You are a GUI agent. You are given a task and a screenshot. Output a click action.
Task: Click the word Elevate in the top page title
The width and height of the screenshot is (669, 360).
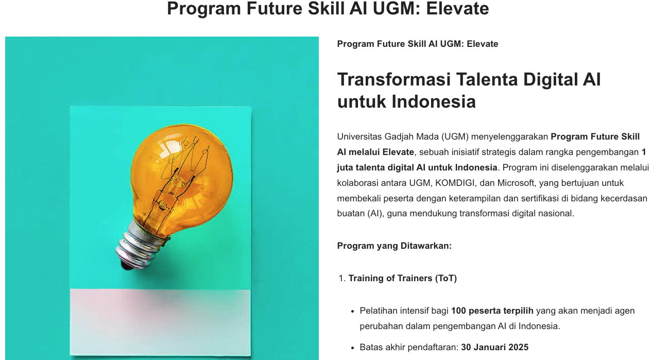coord(457,8)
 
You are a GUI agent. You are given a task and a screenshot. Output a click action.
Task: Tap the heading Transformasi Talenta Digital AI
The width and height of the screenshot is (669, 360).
coord(469,79)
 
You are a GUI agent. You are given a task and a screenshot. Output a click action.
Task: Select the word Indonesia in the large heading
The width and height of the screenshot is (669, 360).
coord(433,101)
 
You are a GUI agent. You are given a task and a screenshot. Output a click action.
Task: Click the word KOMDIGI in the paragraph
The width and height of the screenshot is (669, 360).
coord(455,183)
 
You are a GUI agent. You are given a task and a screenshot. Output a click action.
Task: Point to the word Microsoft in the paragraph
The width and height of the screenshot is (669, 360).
coord(516,183)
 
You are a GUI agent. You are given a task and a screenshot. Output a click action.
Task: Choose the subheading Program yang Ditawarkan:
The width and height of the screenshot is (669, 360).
coord(394,246)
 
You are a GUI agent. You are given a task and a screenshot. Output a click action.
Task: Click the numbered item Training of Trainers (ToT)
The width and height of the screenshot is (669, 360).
coord(403,278)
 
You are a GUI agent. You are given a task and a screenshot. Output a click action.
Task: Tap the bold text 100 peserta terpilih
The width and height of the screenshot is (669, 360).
coord(492,311)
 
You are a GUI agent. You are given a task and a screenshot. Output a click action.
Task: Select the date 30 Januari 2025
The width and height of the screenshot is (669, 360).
coord(494,347)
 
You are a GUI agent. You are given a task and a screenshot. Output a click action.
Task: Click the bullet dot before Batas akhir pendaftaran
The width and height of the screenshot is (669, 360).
coord(353,348)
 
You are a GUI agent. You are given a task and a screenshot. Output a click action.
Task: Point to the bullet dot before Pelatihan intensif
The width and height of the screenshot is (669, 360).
coord(353,311)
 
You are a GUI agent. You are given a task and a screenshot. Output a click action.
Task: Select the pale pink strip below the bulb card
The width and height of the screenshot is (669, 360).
coord(160,322)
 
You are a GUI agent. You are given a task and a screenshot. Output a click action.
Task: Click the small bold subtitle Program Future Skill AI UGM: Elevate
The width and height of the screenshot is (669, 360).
coord(418,44)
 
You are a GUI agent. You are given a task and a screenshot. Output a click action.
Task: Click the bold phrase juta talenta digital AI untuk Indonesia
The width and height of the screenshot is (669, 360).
coord(417,167)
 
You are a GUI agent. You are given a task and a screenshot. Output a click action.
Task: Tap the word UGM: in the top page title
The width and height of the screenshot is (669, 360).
coord(397,8)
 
